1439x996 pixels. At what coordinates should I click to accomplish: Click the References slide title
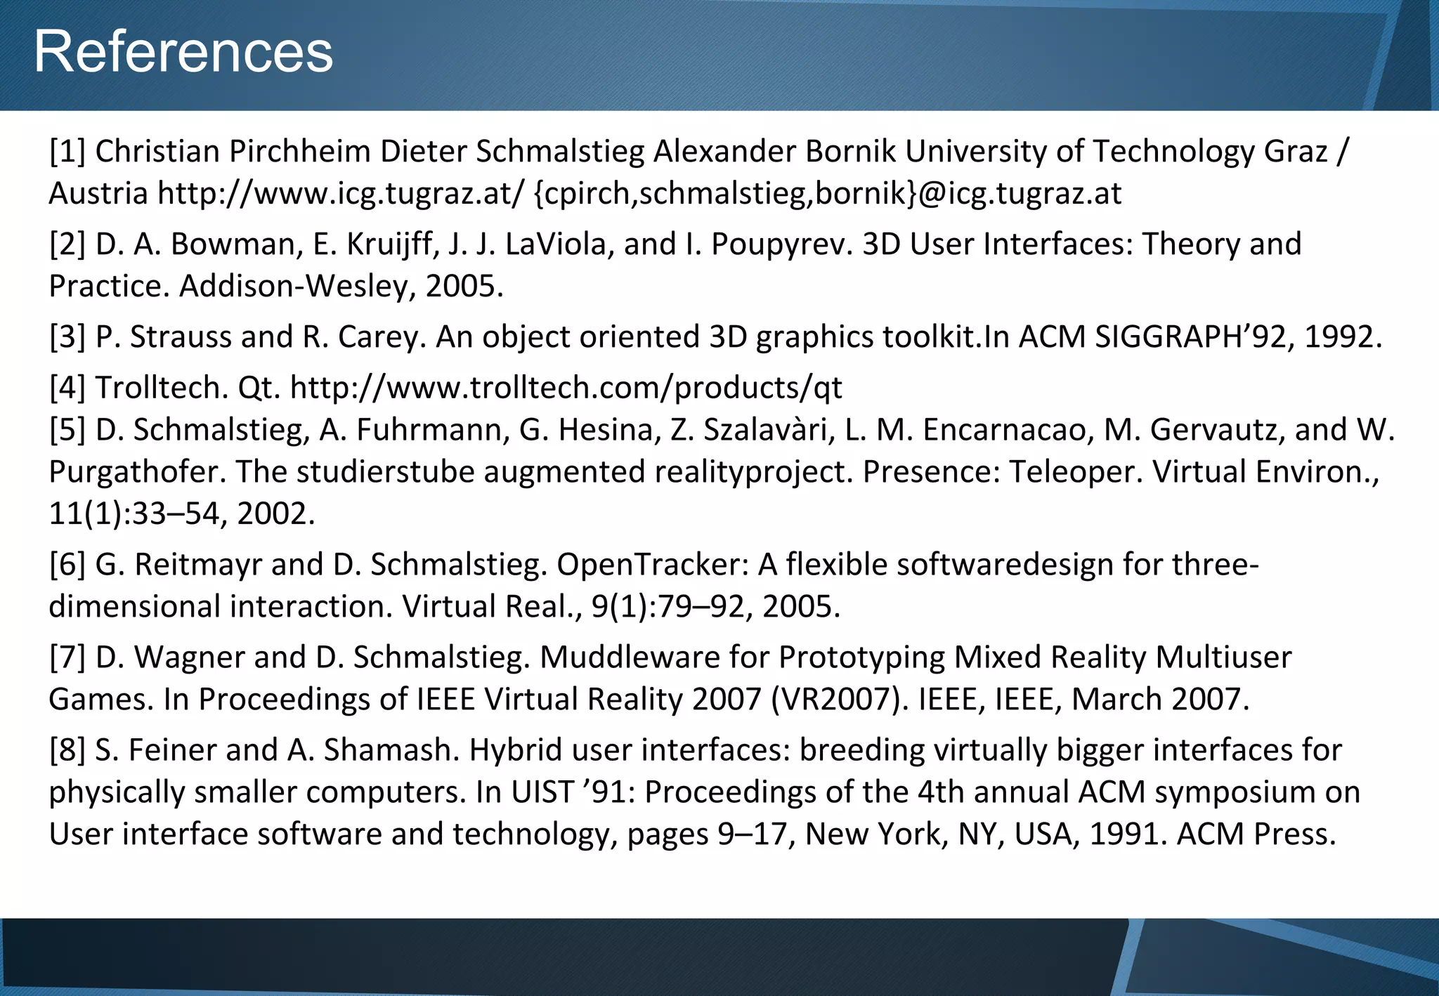point(183,52)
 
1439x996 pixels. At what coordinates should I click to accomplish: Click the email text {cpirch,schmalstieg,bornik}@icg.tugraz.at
point(828,194)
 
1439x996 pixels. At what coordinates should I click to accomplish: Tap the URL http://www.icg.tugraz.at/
point(341,194)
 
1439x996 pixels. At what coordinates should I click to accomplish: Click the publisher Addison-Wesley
point(290,287)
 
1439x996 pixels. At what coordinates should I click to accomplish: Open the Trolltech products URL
point(566,388)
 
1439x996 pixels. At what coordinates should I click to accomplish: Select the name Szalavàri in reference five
point(769,430)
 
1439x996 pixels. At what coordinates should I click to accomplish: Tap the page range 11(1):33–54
point(134,514)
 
